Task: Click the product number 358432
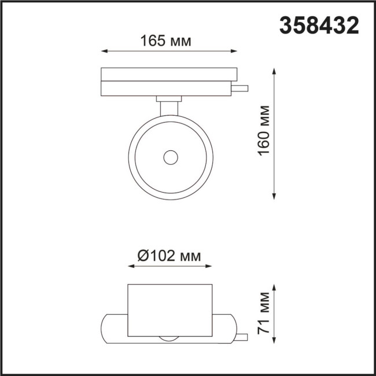(x=319, y=24)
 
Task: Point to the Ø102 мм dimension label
(x=169, y=256)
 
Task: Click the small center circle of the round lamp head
(x=170, y=157)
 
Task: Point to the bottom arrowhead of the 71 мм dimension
(x=274, y=345)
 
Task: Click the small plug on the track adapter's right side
(x=242, y=89)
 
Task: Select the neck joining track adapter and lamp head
(x=169, y=106)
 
